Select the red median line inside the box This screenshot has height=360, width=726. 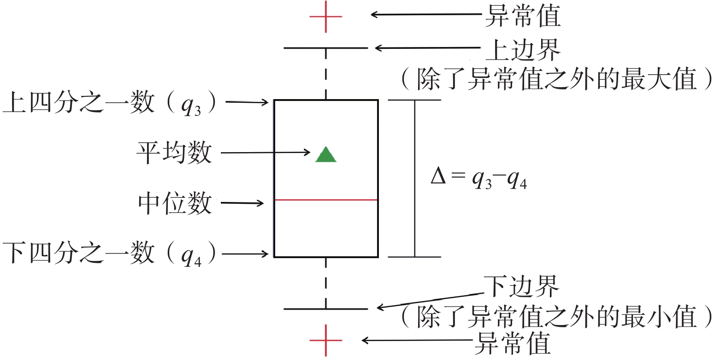(x=326, y=200)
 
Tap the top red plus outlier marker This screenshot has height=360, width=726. (x=326, y=17)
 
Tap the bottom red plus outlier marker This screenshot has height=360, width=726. (x=326, y=341)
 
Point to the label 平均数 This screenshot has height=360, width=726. (x=174, y=153)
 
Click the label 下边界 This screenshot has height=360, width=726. (x=521, y=287)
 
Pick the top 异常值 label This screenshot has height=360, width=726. (x=523, y=16)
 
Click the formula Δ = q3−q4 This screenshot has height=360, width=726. (x=478, y=177)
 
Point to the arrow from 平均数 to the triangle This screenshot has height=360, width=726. (x=266, y=153)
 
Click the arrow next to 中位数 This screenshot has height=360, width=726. (x=242, y=203)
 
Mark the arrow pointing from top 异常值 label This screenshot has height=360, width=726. (x=426, y=14)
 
